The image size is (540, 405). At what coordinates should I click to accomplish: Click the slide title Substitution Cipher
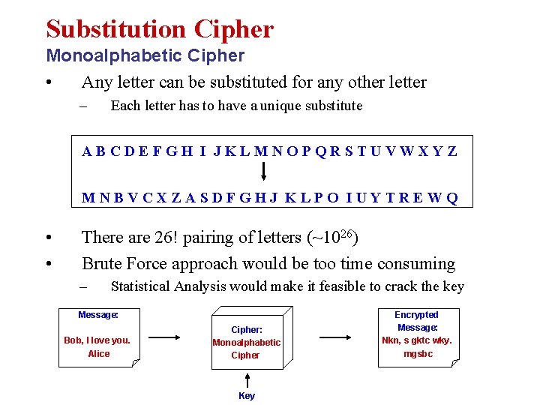160,29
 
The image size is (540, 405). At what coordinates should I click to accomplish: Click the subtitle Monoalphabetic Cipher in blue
145,55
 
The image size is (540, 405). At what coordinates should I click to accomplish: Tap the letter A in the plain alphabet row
88,151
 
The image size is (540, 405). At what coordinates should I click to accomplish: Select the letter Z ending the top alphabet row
451,151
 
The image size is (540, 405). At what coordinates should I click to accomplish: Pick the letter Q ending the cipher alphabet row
451,199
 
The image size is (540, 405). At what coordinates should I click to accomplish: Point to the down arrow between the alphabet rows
263,175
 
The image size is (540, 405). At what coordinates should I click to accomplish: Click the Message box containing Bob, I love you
98,337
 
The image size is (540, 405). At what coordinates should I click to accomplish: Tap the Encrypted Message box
417,336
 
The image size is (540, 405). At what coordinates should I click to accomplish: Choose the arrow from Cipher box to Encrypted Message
335,337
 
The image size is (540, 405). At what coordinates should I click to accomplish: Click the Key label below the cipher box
247,395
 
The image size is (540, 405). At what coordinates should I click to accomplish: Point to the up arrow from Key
247,378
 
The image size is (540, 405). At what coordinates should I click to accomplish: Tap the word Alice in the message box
98,354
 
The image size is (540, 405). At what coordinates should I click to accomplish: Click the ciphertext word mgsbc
418,354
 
